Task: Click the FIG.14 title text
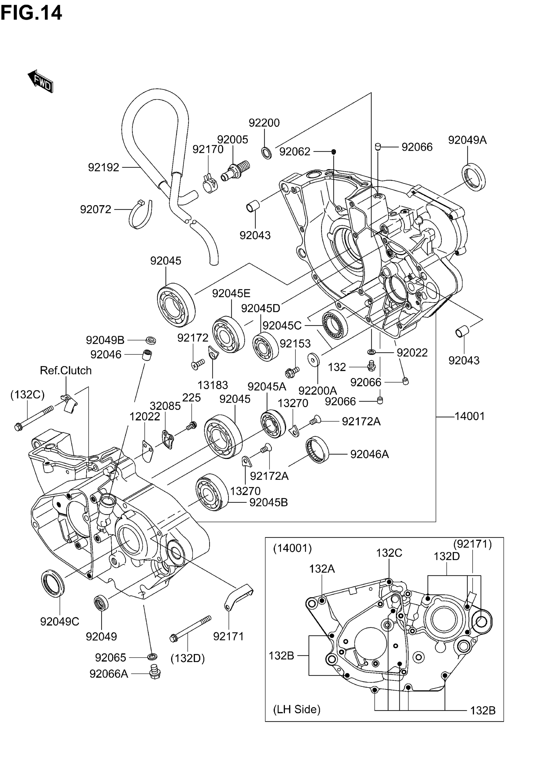(x=31, y=13)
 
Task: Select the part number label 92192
(x=103, y=167)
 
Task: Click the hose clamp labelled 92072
(x=140, y=214)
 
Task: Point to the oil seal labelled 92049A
(x=473, y=177)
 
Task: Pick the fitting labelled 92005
(x=235, y=170)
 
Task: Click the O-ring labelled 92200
(x=266, y=153)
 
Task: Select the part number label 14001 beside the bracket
(x=470, y=416)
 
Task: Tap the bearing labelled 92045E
(x=229, y=334)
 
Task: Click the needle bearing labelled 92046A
(x=317, y=449)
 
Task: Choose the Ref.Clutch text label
(x=66, y=370)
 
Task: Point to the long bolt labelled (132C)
(x=34, y=418)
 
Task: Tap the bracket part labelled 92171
(x=238, y=596)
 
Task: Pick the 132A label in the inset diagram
(x=322, y=568)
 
